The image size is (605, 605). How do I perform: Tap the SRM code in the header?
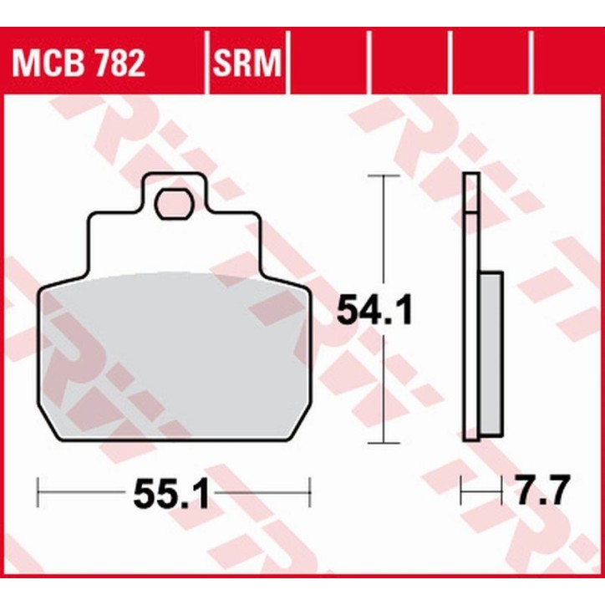(246, 64)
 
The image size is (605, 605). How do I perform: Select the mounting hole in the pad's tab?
(173, 204)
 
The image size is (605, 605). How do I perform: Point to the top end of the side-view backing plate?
(471, 175)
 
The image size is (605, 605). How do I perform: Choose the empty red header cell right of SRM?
(328, 64)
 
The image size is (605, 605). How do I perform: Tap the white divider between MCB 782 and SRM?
(205, 64)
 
